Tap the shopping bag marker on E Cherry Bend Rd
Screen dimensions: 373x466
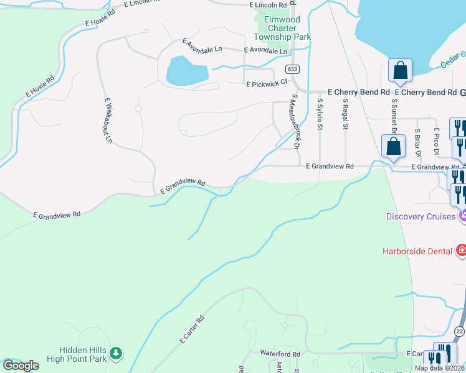coord(399,71)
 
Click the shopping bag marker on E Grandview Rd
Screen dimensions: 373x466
coord(393,148)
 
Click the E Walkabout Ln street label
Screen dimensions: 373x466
coord(108,120)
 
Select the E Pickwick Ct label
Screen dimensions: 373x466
coord(267,82)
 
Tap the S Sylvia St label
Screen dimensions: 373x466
coord(320,114)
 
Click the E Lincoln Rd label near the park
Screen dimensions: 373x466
coord(268,4)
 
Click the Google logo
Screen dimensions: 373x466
coord(21,366)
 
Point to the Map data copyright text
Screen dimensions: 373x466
coord(439,368)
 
